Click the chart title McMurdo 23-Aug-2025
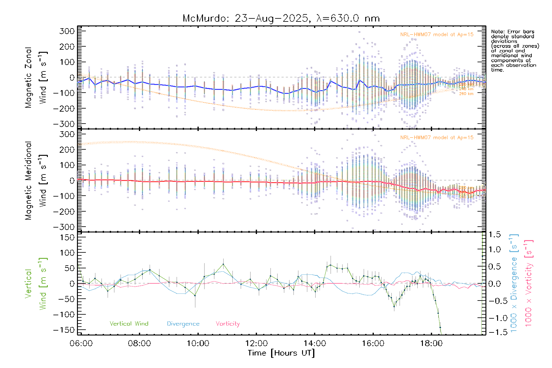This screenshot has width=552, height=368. coord(281,18)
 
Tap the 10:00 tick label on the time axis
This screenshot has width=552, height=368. coord(198,343)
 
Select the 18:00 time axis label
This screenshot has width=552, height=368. coord(431,343)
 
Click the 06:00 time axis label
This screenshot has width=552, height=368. coord(81,343)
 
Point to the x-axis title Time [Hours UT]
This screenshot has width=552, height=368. coord(281,353)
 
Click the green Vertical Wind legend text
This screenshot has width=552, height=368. coord(129,324)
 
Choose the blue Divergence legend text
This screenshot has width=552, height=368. coord(183,324)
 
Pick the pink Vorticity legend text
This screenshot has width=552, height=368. coord(228,324)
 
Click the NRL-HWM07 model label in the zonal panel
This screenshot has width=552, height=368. coord(437,35)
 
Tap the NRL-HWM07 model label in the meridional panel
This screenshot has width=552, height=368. coord(437,138)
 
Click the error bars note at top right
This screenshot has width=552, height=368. coord(515,51)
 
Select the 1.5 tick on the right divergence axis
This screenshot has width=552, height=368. coord(494,235)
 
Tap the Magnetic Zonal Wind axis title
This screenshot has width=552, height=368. coord(36,78)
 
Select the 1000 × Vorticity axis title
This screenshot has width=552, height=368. coord(529,283)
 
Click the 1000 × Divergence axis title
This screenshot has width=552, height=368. coord(514,283)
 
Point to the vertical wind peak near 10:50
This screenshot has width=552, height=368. coord(223,264)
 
